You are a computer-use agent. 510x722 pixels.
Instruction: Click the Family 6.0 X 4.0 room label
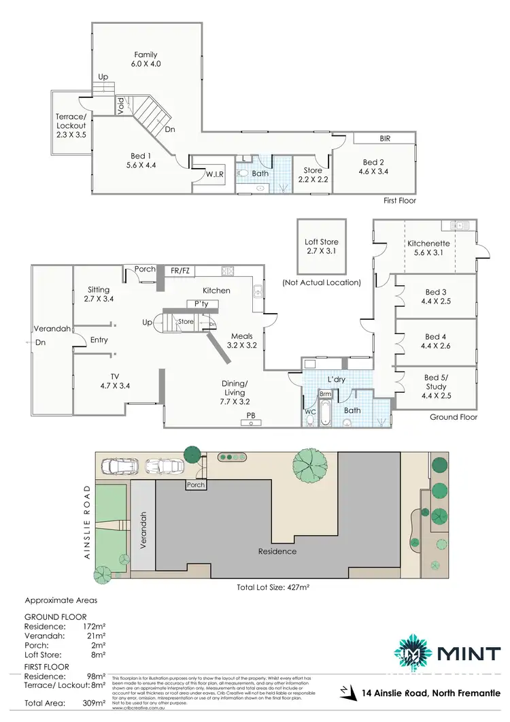[x=146, y=59]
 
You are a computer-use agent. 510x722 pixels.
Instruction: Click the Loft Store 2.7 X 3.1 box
[x=322, y=246]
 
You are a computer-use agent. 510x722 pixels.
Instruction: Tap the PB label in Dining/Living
[x=251, y=414]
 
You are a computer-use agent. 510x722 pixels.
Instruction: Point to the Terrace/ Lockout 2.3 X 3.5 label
[x=71, y=125]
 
